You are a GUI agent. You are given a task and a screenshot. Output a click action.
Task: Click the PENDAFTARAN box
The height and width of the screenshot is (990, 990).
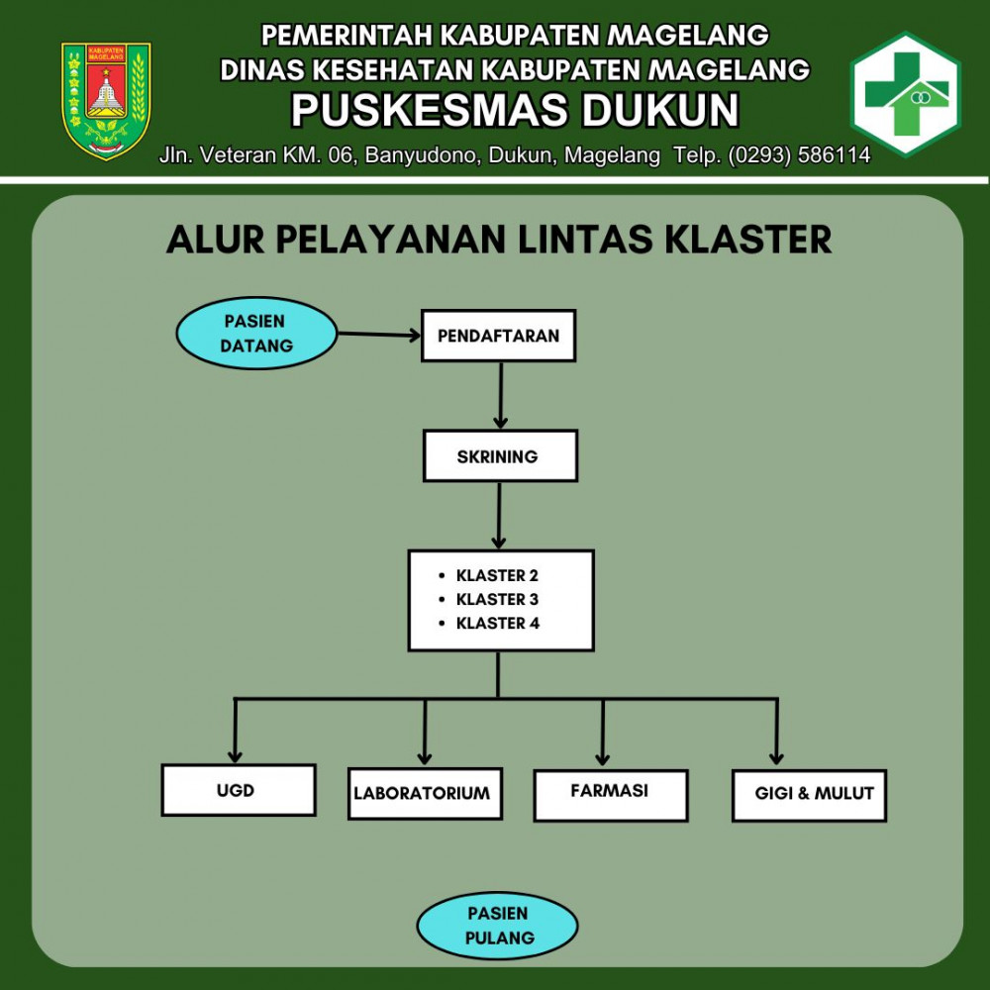tap(498, 336)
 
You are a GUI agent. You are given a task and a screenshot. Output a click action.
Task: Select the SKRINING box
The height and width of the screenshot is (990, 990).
tap(500, 456)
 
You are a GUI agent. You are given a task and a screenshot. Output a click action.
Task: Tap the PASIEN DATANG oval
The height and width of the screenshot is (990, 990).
tap(256, 334)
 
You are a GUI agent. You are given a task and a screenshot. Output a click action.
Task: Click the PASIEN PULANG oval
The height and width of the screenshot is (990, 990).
tap(498, 926)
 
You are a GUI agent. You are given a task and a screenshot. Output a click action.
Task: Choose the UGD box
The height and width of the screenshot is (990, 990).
tap(239, 790)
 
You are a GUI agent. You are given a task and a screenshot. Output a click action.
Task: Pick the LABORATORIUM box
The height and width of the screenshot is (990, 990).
tap(425, 793)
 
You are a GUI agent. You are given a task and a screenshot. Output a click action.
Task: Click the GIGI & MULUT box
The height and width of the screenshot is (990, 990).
tap(809, 795)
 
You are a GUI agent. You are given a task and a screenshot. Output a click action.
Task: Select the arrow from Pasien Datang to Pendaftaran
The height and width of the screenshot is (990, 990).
tap(379, 335)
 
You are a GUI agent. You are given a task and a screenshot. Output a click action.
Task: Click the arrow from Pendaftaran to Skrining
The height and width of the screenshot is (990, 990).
tap(501, 394)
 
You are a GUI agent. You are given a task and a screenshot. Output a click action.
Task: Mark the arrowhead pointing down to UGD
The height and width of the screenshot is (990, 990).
tap(236, 751)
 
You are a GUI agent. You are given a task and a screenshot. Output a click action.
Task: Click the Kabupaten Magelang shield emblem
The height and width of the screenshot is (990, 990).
tap(106, 100)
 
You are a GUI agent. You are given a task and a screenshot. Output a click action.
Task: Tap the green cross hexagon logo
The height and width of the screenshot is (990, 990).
tap(905, 95)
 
